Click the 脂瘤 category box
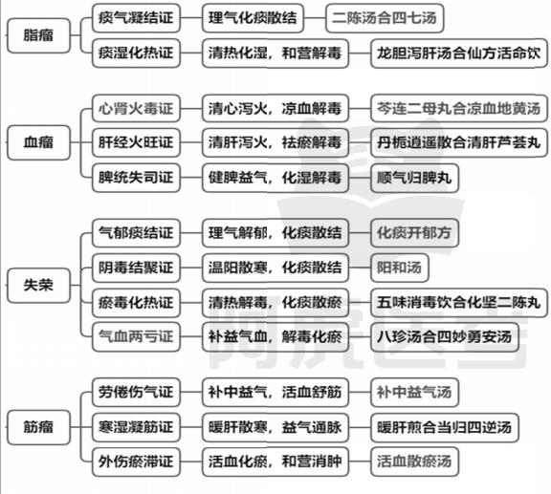point(38,35)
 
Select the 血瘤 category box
point(38,142)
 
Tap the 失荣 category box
point(38,285)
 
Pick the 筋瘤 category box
point(38,427)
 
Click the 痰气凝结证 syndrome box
point(136,18)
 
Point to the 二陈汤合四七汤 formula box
point(385,18)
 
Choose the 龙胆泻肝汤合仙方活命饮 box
point(459,54)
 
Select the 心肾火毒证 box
point(136,108)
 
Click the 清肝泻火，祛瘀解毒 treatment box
point(275,142)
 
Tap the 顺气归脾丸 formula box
point(414,178)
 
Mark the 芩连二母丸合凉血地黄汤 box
point(459,108)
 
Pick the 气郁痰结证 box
point(136,233)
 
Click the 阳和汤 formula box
point(400,268)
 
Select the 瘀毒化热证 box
point(136,302)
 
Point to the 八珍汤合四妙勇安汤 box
point(445,337)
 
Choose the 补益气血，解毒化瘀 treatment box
point(275,337)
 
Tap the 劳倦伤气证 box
point(136,392)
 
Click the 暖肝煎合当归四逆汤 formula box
point(445,427)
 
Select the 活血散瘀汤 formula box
point(414,462)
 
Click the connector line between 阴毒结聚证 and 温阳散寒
point(191,268)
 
